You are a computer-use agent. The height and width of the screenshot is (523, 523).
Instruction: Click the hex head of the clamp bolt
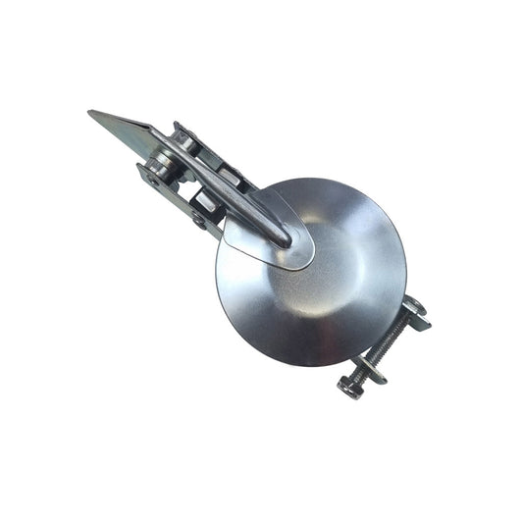(348, 384)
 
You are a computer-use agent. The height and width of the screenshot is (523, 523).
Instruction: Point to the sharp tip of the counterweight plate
(90, 114)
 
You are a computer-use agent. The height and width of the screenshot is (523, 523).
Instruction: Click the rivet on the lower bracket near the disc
(200, 222)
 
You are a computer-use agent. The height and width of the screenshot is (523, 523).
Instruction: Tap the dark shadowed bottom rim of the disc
(294, 353)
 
